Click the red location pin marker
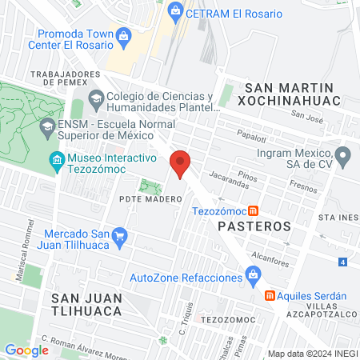point(181,162)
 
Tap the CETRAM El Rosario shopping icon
point(175,13)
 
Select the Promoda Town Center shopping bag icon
point(123,36)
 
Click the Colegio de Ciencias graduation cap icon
point(96,98)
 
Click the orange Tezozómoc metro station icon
point(253,211)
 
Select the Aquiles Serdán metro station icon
point(270,295)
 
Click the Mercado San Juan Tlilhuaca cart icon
point(120,235)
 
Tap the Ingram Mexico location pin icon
point(343,154)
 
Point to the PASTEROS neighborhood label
point(254,226)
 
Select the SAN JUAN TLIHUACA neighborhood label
point(86,303)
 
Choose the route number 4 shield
point(342,262)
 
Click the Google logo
point(26,350)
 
